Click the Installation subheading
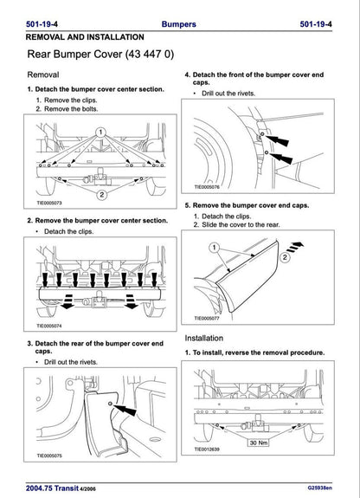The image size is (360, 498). coord(210,337)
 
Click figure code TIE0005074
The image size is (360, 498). coord(53,327)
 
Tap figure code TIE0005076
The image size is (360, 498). coord(211,186)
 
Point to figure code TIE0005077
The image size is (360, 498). coord(211,318)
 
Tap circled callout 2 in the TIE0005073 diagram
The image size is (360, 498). coord(102,195)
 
